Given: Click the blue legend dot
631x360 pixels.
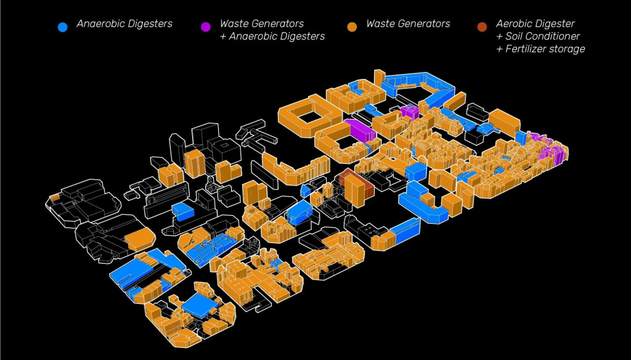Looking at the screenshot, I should click(62, 27).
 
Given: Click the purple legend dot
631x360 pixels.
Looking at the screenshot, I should click(206, 27).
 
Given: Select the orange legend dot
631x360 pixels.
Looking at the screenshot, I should click(352, 27).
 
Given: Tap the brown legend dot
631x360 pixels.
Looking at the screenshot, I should click(482, 27).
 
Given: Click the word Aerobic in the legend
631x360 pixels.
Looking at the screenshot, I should click(515, 24).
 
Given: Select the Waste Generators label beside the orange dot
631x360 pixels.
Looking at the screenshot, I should click(408, 24).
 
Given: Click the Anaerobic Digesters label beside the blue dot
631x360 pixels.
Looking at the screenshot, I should click(124, 24).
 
